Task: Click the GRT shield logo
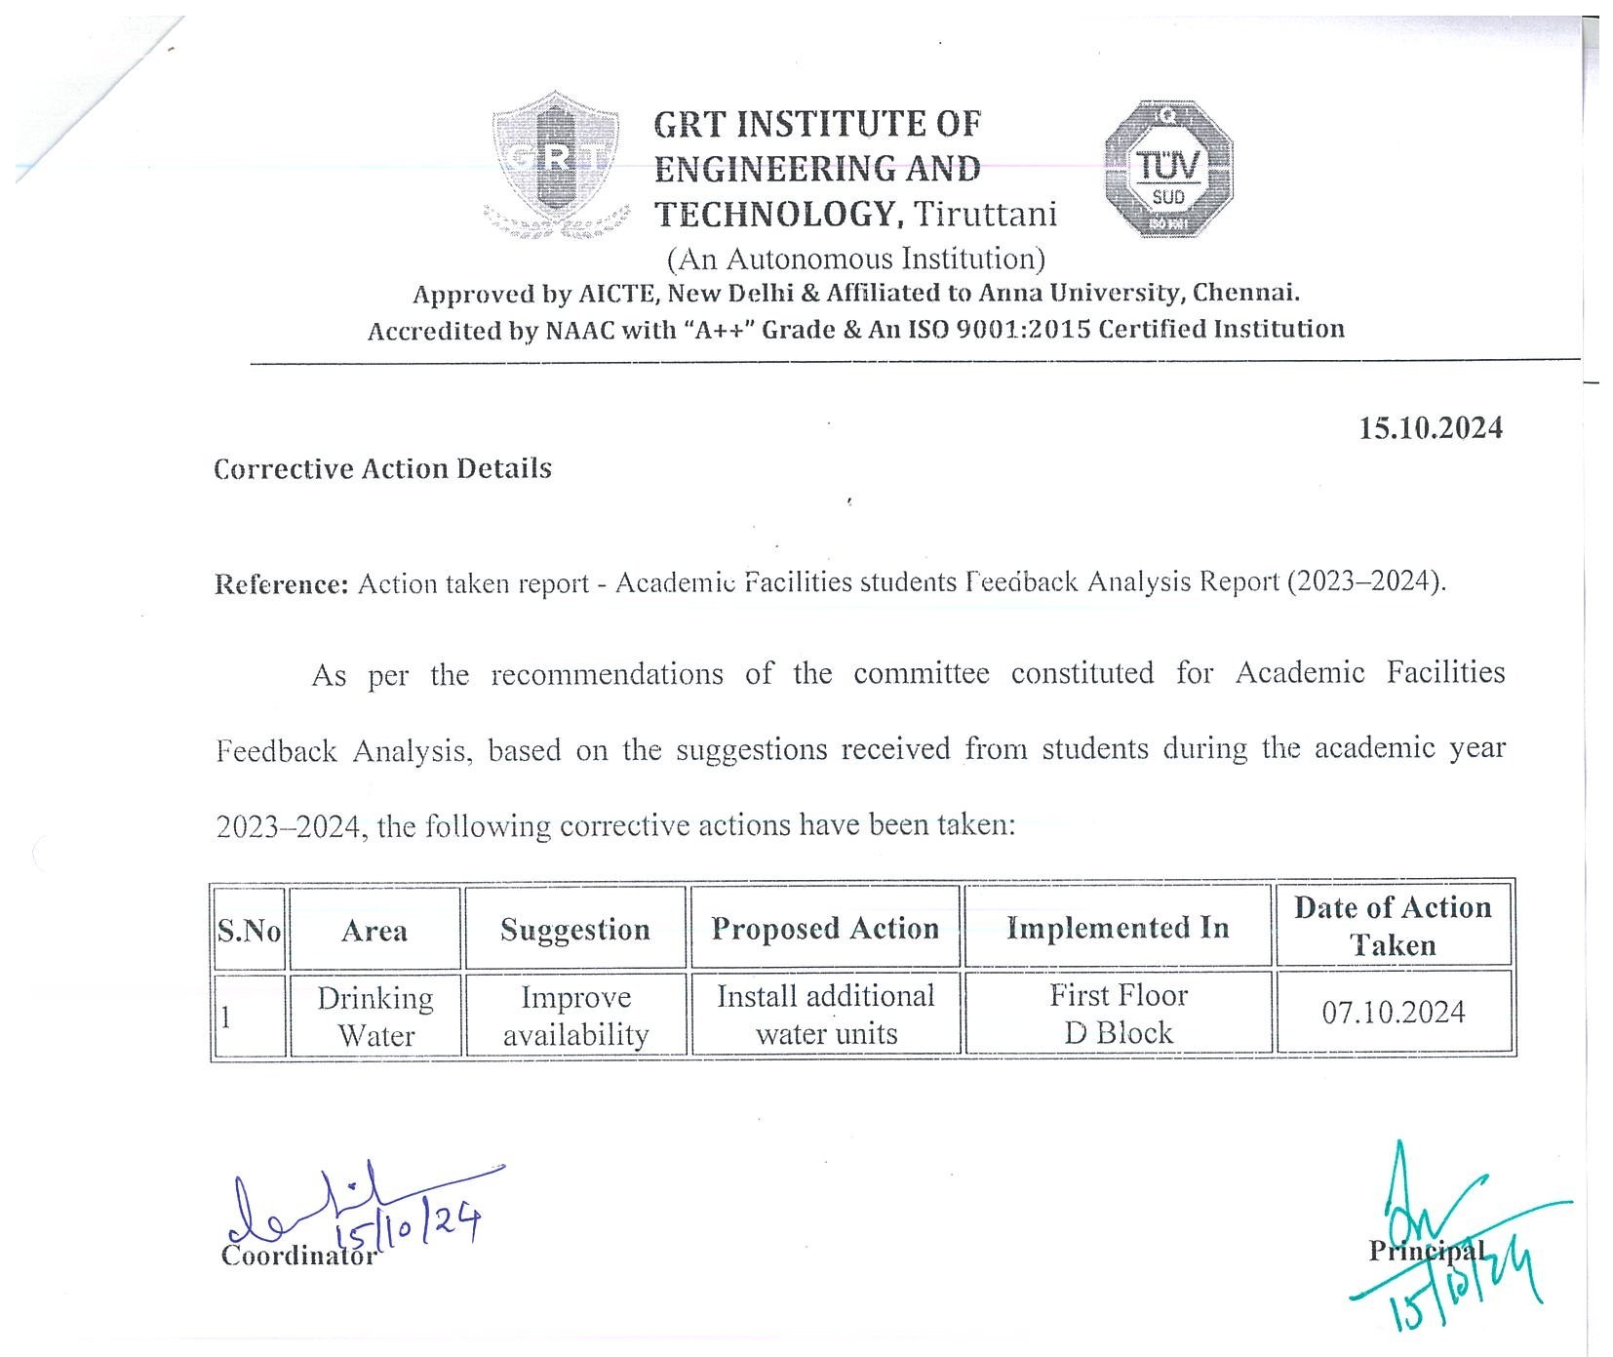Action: click(x=554, y=164)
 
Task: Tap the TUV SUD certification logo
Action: click(x=1168, y=169)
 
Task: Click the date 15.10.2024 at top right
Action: click(x=1431, y=428)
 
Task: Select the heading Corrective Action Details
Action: click(x=382, y=469)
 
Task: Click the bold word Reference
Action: click(x=281, y=584)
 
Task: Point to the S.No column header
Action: click(x=249, y=930)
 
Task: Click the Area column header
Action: click(x=374, y=930)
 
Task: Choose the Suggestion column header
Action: click(x=575, y=930)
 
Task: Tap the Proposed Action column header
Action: click(x=825, y=928)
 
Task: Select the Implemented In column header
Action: click(x=1118, y=928)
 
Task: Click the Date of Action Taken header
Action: click(x=1393, y=926)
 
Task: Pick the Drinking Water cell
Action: click(x=375, y=1016)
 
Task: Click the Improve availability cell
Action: click(x=575, y=1016)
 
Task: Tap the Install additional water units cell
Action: click(x=826, y=1015)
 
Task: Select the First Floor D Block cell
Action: click(x=1119, y=1014)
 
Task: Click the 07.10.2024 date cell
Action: click(x=1394, y=1012)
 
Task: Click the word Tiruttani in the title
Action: click(x=984, y=214)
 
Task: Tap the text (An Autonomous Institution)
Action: click(x=855, y=259)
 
